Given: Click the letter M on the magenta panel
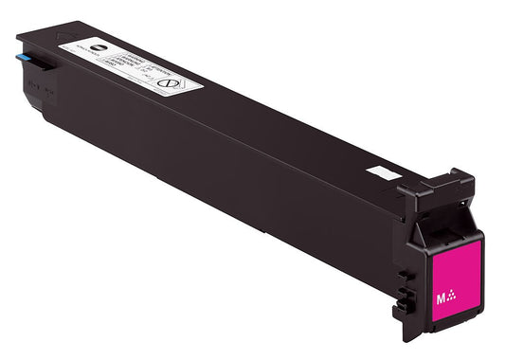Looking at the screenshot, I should (x=441, y=297).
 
